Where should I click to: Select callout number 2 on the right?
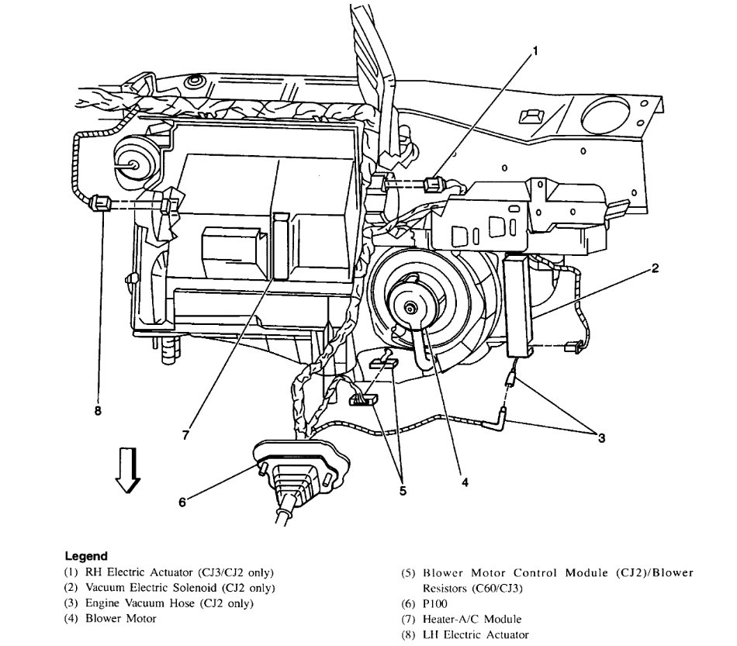(656, 269)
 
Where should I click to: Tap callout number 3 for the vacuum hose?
(601, 437)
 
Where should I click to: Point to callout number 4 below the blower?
(465, 482)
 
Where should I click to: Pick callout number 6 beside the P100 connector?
(183, 502)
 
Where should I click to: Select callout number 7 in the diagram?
(185, 435)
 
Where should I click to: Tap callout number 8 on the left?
(98, 411)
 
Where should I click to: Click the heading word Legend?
(85, 556)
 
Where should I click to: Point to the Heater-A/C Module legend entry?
(462, 619)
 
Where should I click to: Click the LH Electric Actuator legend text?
(465, 634)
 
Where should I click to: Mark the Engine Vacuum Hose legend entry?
(158, 603)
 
